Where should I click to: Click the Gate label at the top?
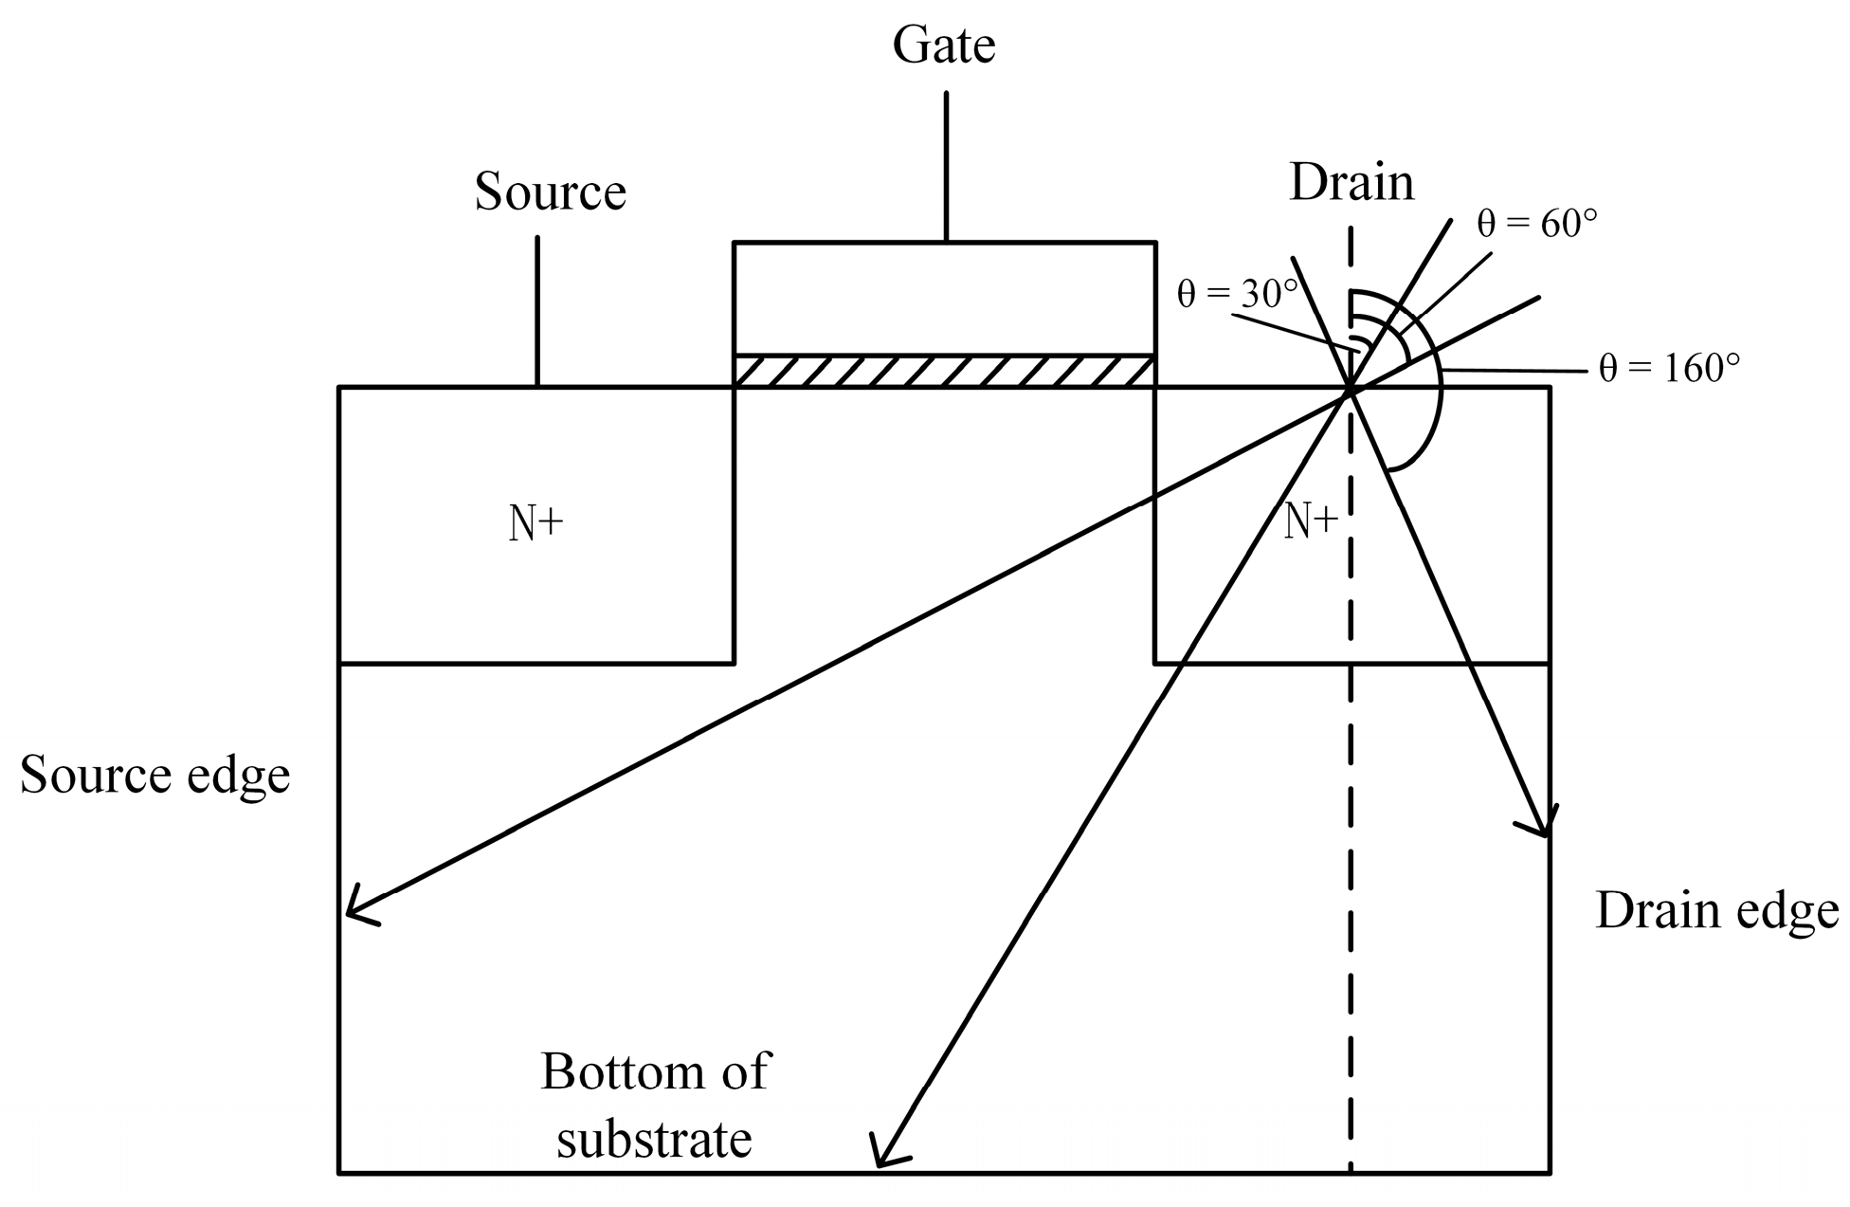coord(944,46)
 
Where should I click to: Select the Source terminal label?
coord(550,192)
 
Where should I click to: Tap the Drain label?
coord(1351,182)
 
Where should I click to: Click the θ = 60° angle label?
coord(1536,223)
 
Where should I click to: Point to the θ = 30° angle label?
coord(1237,294)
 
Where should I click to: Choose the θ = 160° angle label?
coord(1669,368)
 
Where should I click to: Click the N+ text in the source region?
coord(536,522)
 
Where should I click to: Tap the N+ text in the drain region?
coord(1311,521)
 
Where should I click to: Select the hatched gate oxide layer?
coord(944,371)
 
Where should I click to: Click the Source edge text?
coord(154,775)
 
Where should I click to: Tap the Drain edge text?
coord(1716,910)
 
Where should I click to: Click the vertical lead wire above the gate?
coord(946,166)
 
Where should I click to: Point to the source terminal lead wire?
coord(537,311)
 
